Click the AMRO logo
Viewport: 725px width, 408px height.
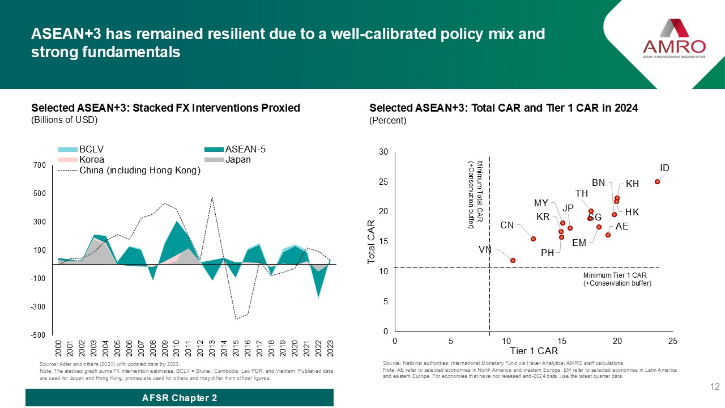(674, 39)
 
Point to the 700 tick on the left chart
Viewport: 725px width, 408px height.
(39, 165)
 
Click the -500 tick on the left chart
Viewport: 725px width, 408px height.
(37, 335)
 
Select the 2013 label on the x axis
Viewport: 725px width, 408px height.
(211, 347)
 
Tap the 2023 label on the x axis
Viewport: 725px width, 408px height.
(330, 347)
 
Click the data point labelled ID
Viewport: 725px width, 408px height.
(657, 181)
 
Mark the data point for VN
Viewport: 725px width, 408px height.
(513, 260)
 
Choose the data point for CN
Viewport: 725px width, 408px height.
(533, 239)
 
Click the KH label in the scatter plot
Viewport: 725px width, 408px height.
(633, 184)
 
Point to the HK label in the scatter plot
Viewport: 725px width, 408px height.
(633, 212)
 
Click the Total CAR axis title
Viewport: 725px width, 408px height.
(372, 242)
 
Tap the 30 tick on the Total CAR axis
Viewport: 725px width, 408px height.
(383, 152)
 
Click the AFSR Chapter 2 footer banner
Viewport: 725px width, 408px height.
(180, 398)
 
